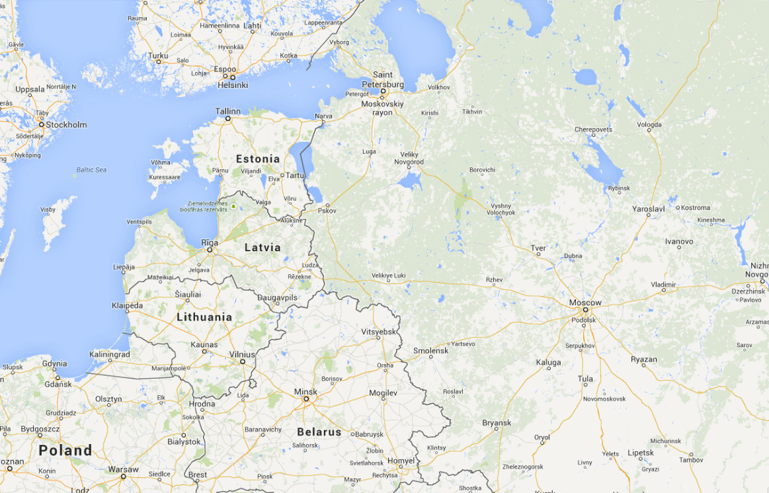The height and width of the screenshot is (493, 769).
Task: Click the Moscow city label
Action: (x=585, y=303)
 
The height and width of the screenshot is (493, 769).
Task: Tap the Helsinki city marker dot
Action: (x=233, y=77)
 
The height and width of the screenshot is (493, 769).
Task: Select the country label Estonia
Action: (x=258, y=159)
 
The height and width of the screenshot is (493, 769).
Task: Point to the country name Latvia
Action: (x=263, y=248)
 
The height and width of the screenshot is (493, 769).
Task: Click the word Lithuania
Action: (x=204, y=317)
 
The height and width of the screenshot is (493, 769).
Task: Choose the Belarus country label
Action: (x=319, y=432)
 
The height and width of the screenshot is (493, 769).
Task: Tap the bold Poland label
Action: (x=65, y=451)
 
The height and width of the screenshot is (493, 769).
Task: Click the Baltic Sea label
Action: (x=91, y=170)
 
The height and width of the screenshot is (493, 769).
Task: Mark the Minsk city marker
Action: (x=305, y=399)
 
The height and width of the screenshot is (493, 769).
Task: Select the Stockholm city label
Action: (x=65, y=124)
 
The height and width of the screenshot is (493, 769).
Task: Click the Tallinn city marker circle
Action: (x=228, y=119)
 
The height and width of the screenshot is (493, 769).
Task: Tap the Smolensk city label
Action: (x=430, y=351)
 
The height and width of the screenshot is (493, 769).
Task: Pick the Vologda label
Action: (x=649, y=124)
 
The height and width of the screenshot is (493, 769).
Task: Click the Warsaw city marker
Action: (x=123, y=476)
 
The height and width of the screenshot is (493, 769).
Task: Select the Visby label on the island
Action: (x=48, y=209)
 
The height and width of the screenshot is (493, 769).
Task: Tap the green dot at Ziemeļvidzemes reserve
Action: (x=233, y=207)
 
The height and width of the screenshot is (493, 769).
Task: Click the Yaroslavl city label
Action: (x=648, y=209)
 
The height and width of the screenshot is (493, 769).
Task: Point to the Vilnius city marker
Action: (x=243, y=361)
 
